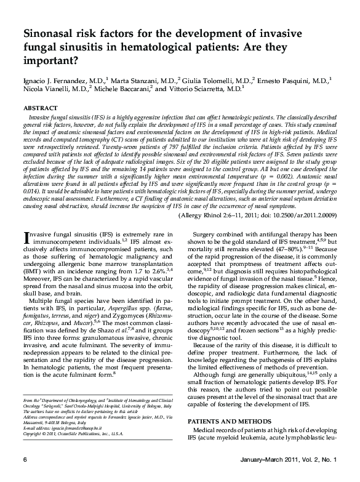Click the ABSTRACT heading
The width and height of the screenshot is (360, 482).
pyautogui.click(x=41, y=108)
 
